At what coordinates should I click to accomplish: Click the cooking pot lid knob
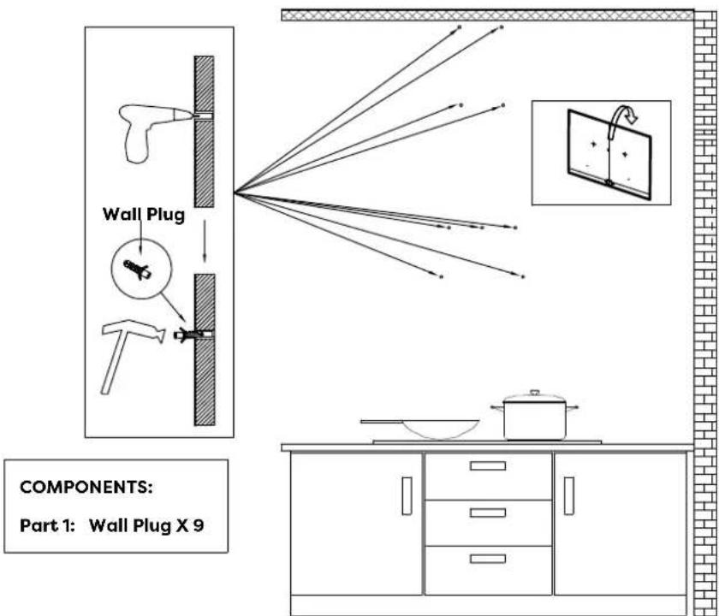click(535, 393)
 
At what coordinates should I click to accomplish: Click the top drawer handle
click(489, 466)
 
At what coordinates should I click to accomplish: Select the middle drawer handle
click(489, 512)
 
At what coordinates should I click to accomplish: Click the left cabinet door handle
click(407, 496)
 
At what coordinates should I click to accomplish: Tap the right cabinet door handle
click(568, 496)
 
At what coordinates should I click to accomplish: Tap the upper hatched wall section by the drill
click(203, 128)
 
